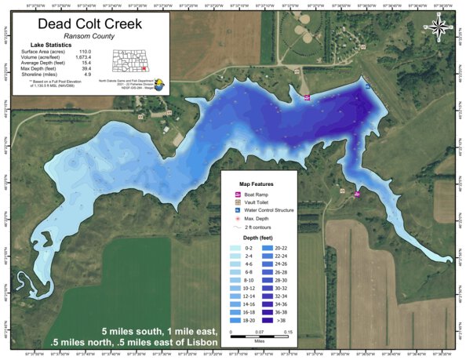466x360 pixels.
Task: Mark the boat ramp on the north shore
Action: (x=307, y=97)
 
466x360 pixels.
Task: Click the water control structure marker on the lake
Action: (x=367, y=88)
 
